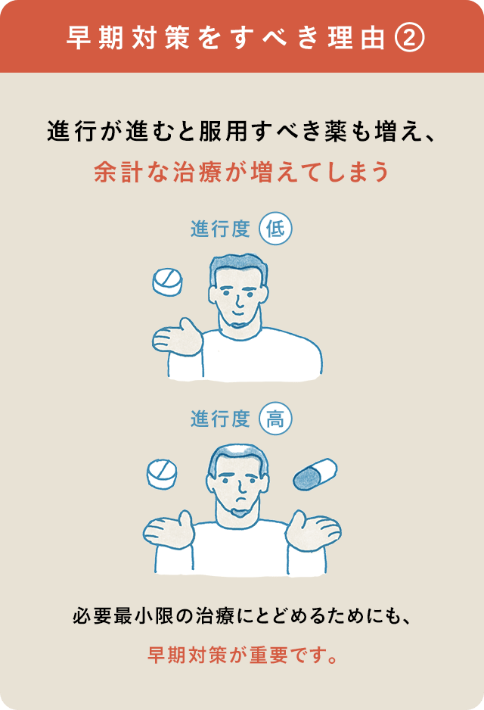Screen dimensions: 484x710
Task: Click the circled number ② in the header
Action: tap(410, 38)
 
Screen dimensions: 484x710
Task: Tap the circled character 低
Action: tap(275, 229)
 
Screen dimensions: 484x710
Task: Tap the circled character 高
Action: tap(275, 419)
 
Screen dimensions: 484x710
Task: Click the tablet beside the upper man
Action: tap(167, 282)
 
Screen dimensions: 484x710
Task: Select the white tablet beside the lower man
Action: tap(162, 474)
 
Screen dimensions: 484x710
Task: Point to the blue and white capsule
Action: tap(315, 474)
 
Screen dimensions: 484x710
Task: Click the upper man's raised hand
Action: tap(177, 338)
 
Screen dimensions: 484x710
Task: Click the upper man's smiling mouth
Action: tap(238, 312)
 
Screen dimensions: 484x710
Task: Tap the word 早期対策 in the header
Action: tap(128, 38)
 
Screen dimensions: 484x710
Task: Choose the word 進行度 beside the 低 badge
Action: tap(220, 229)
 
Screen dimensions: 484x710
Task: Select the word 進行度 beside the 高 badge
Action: tap(220, 419)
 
